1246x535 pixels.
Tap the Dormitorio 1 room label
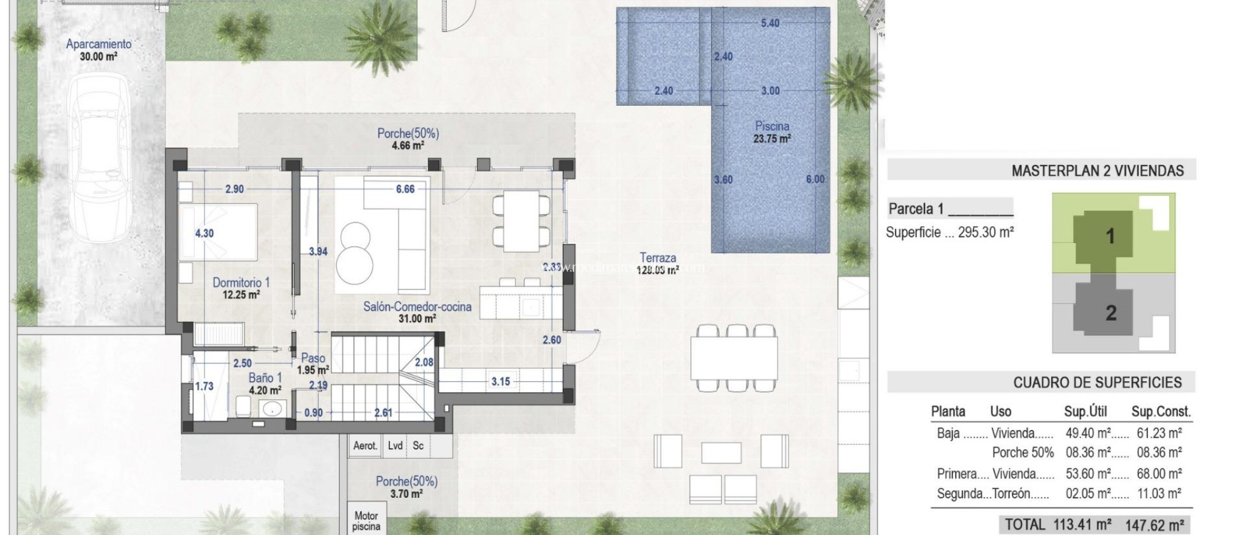click(241, 283)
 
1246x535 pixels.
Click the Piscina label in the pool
click(772, 126)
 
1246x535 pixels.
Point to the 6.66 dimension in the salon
click(405, 189)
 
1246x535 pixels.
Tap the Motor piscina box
click(366, 521)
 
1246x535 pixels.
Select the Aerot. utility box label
click(365, 446)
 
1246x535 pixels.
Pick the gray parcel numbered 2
click(1110, 313)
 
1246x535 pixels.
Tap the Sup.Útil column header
click(1085, 412)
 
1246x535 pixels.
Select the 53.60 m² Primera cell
click(1088, 474)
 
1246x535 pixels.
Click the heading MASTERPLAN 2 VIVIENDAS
click(1097, 171)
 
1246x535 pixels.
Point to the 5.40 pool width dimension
click(770, 23)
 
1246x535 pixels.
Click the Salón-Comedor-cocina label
click(417, 307)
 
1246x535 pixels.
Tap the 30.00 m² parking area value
click(99, 57)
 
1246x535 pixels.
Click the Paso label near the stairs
click(313, 358)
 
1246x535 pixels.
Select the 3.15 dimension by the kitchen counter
click(501, 382)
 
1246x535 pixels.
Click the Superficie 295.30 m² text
click(949, 232)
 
